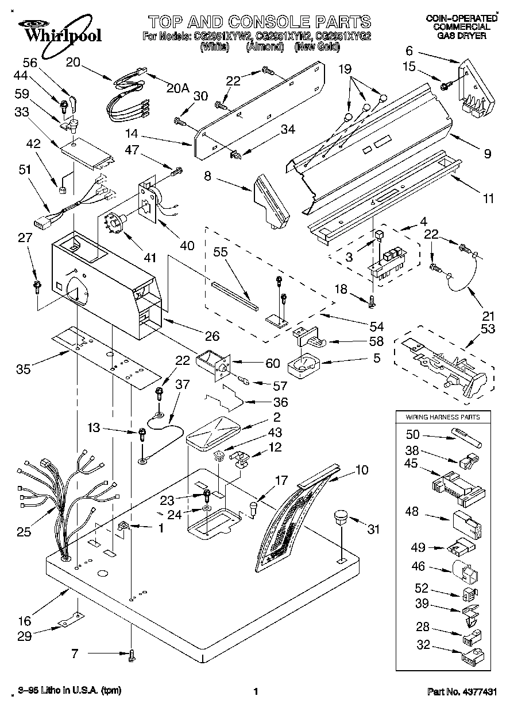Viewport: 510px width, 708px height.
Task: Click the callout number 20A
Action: coord(178,88)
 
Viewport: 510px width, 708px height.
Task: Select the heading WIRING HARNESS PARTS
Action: coord(443,417)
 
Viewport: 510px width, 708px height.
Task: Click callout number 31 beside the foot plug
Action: coord(373,530)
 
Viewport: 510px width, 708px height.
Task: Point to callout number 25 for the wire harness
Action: coord(24,532)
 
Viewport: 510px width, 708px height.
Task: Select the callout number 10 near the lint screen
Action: coord(362,470)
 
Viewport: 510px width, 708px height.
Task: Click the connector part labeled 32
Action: coord(472,653)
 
